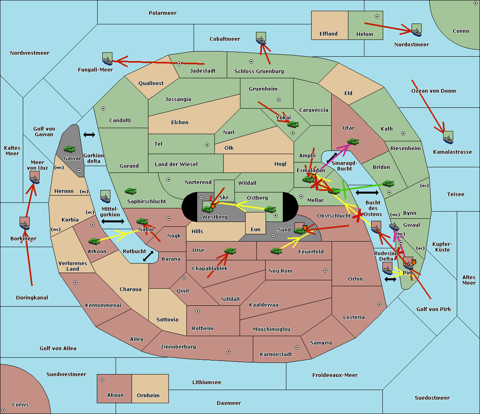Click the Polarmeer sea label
point(162,13)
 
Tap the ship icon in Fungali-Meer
point(107,59)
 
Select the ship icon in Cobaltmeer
point(261,38)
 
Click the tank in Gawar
point(70,149)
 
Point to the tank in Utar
point(353,141)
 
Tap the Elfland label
point(328,34)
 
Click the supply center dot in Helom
point(377,16)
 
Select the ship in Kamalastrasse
point(448,137)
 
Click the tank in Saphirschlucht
point(130,191)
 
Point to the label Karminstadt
point(276,355)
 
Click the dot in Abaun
point(102,380)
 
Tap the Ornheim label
point(148,396)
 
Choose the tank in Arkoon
point(94,241)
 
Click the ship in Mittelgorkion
point(105,196)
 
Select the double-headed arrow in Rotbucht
point(148,256)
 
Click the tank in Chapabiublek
point(230,251)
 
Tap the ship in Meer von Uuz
point(34,177)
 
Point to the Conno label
point(461,31)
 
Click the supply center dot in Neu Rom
point(325,270)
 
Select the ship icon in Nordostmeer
point(416,30)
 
